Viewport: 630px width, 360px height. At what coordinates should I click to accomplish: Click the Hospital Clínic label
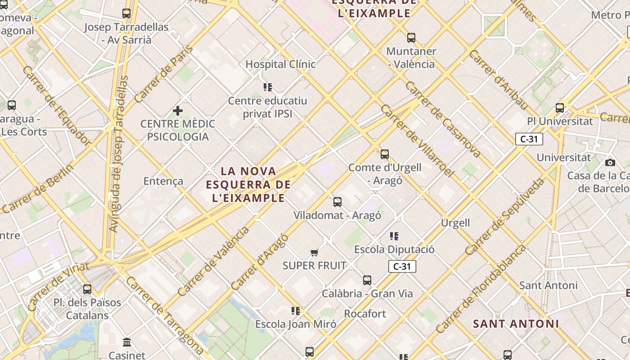click(x=280, y=64)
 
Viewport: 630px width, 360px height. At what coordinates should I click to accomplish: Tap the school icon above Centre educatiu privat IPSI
click(x=268, y=87)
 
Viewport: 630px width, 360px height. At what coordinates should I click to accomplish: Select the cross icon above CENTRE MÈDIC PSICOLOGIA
click(x=178, y=110)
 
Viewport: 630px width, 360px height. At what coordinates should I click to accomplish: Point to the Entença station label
click(x=163, y=181)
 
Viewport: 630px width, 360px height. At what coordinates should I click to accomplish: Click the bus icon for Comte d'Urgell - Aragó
click(x=385, y=154)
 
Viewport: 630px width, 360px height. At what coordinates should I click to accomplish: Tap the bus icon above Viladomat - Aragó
click(x=337, y=202)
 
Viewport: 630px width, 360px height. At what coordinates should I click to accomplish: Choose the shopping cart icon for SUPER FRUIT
click(x=315, y=253)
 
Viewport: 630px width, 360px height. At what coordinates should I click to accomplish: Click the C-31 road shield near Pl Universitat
click(x=529, y=139)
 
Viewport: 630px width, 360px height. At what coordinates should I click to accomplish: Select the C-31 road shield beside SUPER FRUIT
click(x=402, y=266)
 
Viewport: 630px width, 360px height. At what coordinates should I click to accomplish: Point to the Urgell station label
click(x=455, y=223)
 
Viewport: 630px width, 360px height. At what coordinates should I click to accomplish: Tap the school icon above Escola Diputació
click(x=394, y=236)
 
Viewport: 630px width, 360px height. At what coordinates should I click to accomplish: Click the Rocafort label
click(x=365, y=314)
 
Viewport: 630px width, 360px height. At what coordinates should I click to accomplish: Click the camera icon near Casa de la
click(x=610, y=162)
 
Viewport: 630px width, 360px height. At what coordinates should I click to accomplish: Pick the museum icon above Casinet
click(x=127, y=342)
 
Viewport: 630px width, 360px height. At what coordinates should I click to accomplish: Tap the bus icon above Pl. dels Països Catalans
click(x=87, y=289)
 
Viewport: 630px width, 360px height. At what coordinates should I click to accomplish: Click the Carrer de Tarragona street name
click(x=164, y=315)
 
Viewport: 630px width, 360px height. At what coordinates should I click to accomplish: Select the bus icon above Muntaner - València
click(x=411, y=38)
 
